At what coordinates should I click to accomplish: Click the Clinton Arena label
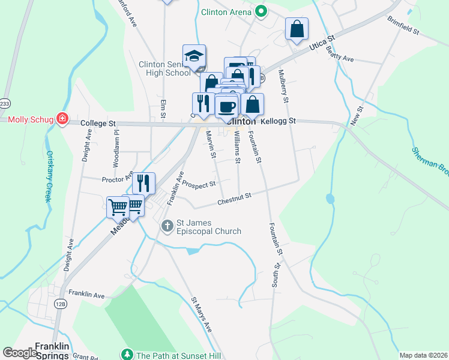pyautogui.click(x=226, y=11)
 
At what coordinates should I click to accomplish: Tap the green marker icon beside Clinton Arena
pyautogui.click(x=261, y=12)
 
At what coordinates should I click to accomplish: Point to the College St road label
pyautogui.click(x=98, y=123)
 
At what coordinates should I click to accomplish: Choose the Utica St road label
pyautogui.click(x=321, y=44)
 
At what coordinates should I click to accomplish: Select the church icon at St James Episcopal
pyautogui.click(x=167, y=226)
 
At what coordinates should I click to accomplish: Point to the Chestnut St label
pyautogui.click(x=234, y=196)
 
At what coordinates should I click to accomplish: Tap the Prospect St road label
pyautogui.click(x=199, y=184)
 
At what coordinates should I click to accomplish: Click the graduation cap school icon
pyautogui.click(x=194, y=56)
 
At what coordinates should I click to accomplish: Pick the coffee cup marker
pyautogui.click(x=226, y=107)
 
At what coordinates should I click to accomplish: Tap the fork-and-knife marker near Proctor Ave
pyautogui.click(x=143, y=182)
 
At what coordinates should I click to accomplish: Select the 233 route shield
pyautogui.click(x=4, y=103)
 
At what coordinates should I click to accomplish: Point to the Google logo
pyautogui.click(x=20, y=353)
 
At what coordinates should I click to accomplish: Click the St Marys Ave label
pyautogui.click(x=202, y=314)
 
